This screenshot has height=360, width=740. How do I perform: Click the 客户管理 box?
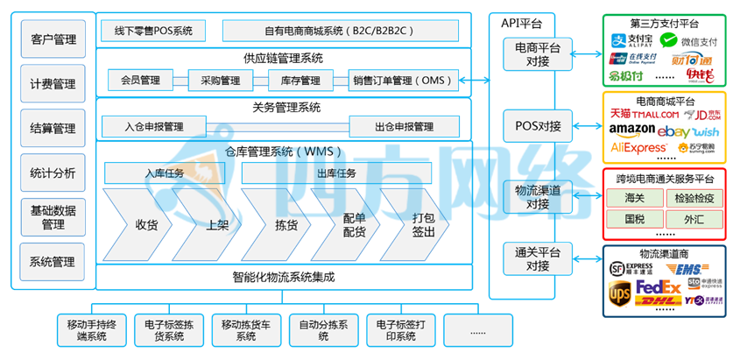[53, 39]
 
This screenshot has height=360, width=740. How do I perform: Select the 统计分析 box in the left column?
[53, 173]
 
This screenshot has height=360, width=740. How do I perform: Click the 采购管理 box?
[215, 81]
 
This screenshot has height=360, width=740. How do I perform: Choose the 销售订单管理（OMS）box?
[404, 81]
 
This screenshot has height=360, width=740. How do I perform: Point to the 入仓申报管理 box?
[154, 126]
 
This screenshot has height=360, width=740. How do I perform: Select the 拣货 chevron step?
[286, 224]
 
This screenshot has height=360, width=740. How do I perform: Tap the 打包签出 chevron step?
[424, 224]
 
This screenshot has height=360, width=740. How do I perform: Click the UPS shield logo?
[620, 291]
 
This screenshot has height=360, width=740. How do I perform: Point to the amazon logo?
[632, 130]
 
